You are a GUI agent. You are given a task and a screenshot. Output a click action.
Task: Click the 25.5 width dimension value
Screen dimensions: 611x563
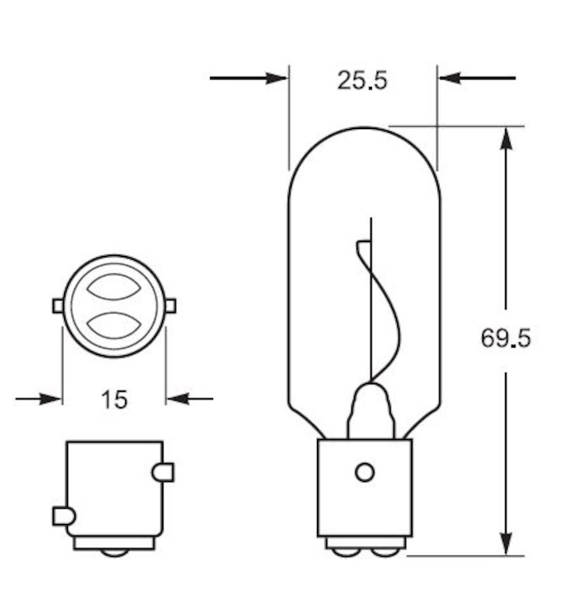pos(362,79)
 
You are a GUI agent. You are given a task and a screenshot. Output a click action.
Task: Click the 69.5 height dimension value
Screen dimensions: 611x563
pos(505,337)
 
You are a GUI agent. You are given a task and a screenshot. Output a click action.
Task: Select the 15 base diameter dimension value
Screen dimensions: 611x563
pos(114,399)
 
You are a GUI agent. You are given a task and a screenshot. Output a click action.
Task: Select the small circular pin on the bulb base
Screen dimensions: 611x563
pos(365,473)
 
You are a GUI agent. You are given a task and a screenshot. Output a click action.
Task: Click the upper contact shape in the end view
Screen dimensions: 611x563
pos(114,287)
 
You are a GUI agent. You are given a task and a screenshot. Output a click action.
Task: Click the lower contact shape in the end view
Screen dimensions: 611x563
pos(114,325)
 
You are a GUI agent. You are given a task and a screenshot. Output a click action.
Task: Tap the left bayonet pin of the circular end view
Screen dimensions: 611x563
pos(58,306)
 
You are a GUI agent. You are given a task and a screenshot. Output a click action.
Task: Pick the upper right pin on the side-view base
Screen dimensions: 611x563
pos(163,473)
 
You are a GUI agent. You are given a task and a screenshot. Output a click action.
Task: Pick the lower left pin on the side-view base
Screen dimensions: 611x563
pos(63,516)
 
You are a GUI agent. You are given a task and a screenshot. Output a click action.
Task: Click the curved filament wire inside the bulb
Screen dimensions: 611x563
pos(388,313)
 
